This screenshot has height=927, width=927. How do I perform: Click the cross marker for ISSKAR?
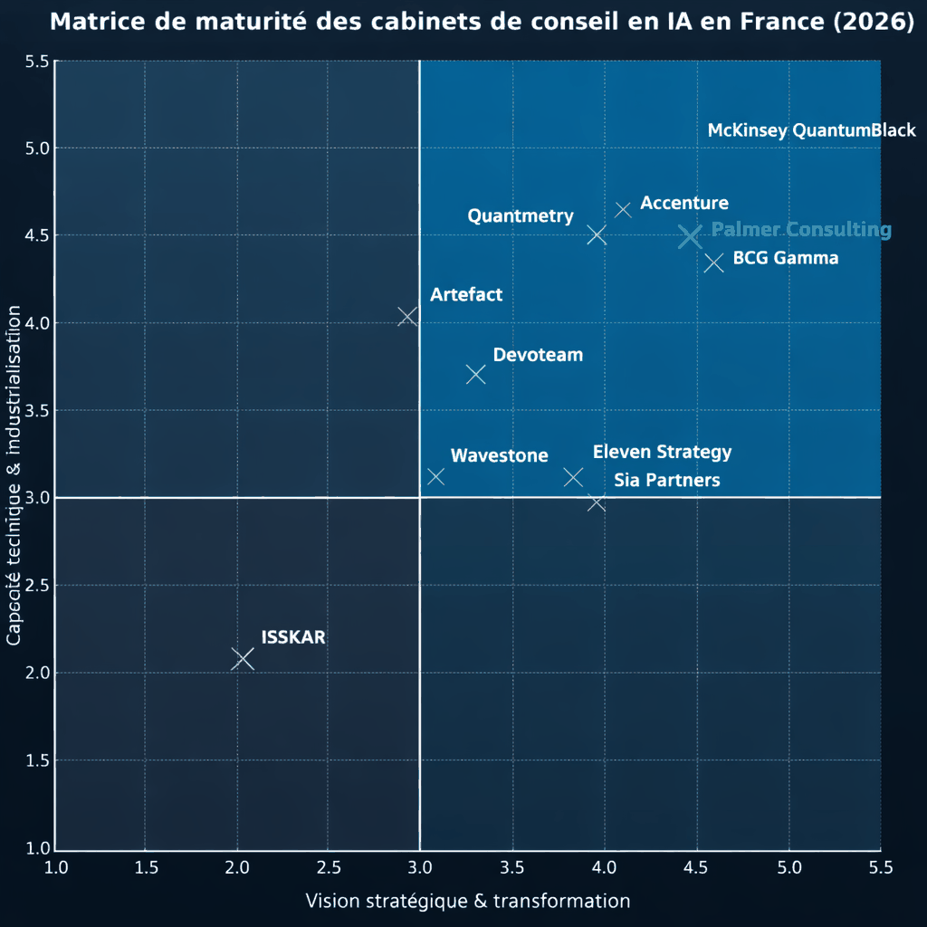[242, 659]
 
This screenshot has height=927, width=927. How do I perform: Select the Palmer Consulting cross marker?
[690, 237]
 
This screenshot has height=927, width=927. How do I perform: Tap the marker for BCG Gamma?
[713, 263]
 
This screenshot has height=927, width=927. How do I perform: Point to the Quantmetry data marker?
[596, 235]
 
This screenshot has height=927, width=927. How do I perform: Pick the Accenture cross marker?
[623, 210]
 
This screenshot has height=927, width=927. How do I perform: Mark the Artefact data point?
[407, 316]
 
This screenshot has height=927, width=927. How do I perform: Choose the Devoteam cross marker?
[476, 374]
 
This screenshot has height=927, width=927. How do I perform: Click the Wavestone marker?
[435, 476]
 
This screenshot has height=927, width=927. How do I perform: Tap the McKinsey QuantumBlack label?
[811, 130]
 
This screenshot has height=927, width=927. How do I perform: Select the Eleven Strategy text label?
[662, 453]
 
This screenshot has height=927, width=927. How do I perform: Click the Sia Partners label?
[667, 480]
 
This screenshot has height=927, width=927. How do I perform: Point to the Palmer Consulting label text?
[801, 230]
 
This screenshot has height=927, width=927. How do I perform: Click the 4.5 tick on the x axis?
[697, 868]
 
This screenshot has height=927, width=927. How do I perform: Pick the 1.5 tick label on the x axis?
[147, 868]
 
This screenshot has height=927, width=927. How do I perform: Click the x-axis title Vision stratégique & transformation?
[467, 901]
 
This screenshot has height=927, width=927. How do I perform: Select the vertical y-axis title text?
[14, 475]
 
